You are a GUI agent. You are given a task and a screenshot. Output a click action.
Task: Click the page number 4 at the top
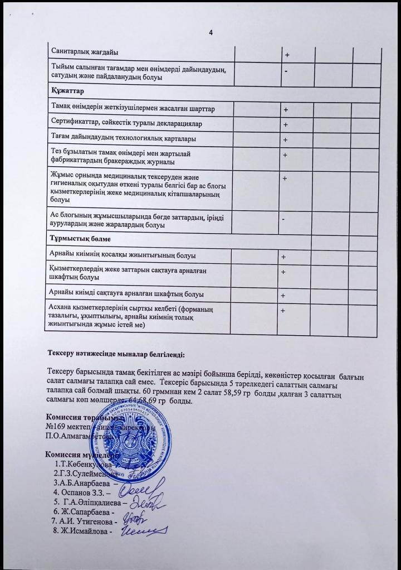[211, 32]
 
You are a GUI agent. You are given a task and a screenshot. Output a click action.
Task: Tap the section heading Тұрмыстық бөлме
[80, 239]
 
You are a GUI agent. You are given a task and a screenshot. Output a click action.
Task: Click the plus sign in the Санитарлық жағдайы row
[287, 55]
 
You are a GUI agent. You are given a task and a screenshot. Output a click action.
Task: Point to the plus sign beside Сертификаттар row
[285, 124]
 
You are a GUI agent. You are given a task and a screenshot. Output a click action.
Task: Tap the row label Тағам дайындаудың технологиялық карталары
[123, 138]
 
